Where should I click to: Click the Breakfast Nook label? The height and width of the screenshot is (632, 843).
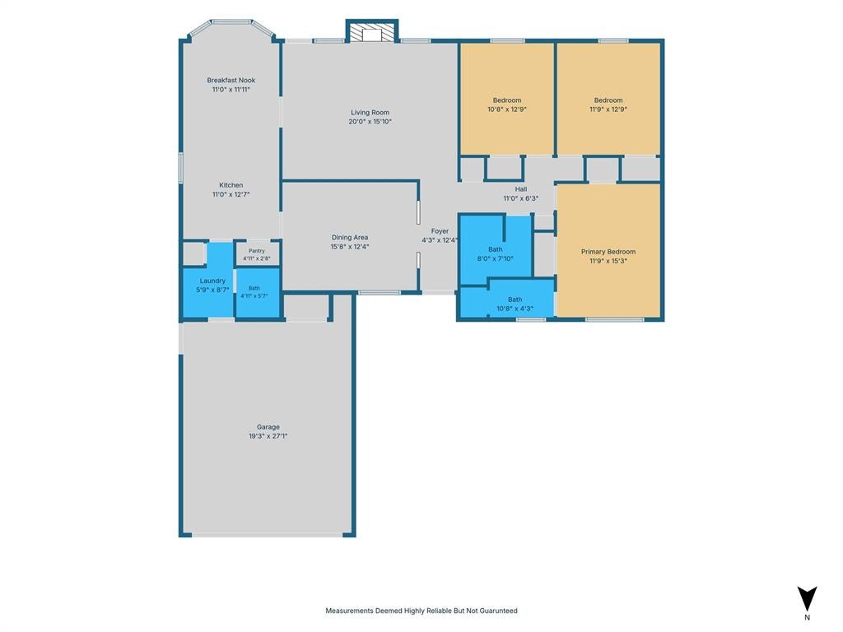pos(231,80)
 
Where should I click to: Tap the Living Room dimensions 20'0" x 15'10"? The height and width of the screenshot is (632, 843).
pos(370,122)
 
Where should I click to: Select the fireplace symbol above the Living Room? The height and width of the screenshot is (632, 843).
pos(371,31)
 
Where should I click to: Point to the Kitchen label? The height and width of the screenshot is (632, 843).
pos(231,185)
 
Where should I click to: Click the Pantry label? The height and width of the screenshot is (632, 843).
pos(257,251)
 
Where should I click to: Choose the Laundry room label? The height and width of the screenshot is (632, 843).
pos(212,281)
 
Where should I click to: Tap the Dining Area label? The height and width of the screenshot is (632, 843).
pos(349,237)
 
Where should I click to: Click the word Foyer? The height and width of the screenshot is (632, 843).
pos(440,231)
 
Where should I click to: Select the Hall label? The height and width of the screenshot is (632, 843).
pos(521,189)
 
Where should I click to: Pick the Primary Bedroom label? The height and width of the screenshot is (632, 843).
pos(608,252)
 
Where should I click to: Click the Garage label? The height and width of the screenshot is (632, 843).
pos(268,427)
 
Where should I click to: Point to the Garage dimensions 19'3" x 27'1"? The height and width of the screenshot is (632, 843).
pos(268,436)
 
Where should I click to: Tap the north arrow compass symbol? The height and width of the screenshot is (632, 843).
pos(807,598)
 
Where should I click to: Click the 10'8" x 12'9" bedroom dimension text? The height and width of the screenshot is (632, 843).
pos(507,109)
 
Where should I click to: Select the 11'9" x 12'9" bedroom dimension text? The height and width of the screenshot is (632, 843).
pos(608,109)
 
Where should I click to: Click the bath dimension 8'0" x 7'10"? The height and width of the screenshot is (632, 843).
pos(495,258)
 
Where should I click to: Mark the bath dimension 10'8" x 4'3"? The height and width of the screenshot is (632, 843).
pos(515,309)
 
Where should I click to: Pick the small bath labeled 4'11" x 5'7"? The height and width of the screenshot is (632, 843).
pos(254,292)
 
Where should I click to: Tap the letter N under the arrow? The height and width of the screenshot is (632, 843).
pos(807,617)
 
